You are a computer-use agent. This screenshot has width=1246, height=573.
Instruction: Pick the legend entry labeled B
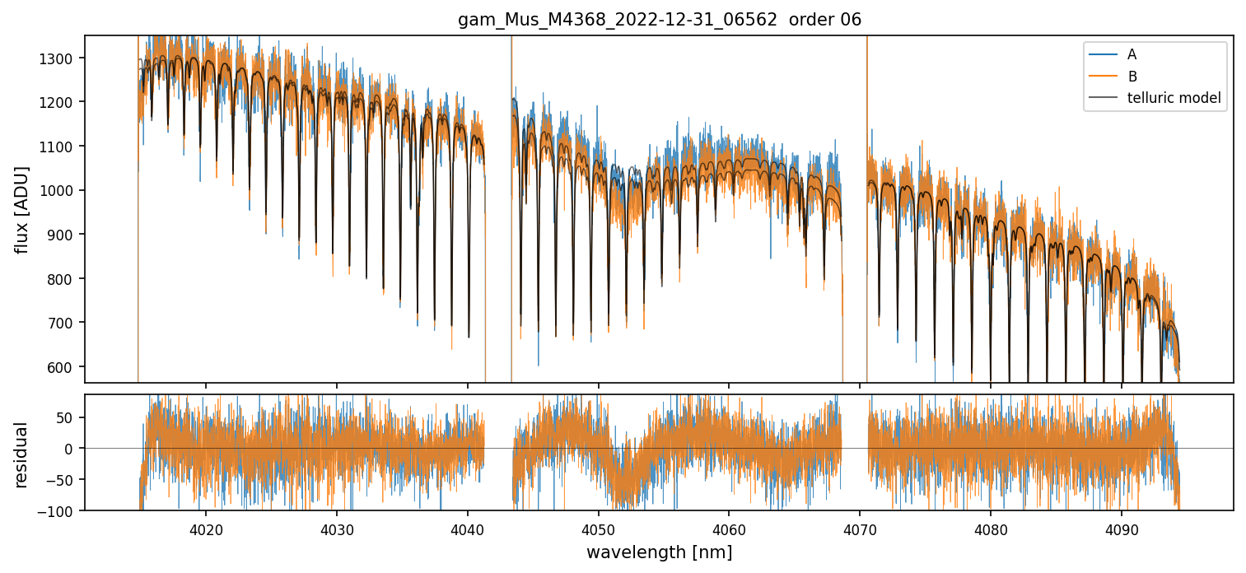(1132, 77)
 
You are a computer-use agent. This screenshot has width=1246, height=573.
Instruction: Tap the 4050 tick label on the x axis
(598, 530)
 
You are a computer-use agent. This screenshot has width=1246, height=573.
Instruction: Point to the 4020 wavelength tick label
(205, 530)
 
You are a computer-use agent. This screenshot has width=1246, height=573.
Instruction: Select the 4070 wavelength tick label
(860, 530)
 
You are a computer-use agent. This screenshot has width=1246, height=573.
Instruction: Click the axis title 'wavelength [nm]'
(659, 552)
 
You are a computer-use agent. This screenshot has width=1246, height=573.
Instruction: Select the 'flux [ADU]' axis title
(22, 209)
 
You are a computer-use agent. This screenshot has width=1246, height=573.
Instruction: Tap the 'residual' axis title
(22, 454)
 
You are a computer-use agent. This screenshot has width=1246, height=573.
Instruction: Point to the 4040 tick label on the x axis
(467, 530)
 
